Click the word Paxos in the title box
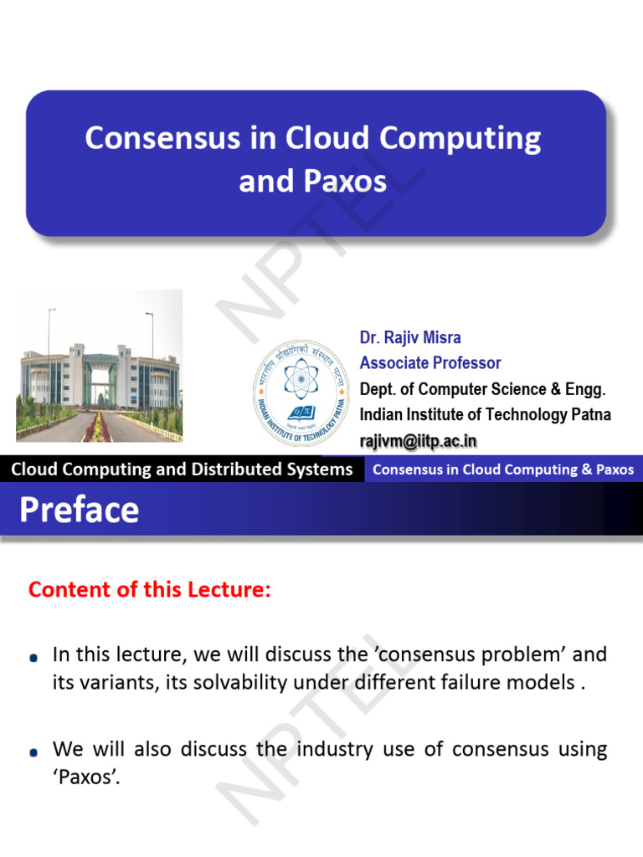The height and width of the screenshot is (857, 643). click(x=345, y=181)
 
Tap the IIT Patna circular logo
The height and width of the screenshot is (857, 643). click(x=301, y=392)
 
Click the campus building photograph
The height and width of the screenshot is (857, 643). click(x=100, y=366)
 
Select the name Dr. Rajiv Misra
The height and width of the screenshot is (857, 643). click(x=410, y=337)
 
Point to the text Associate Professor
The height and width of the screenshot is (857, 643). click(x=430, y=362)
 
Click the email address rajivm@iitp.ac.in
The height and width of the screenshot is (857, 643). click(x=419, y=441)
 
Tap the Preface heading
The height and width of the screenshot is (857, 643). click(x=80, y=510)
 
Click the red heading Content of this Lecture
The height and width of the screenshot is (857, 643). click(x=150, y=589)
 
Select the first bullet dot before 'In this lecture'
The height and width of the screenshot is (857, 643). click(x=33, y=658)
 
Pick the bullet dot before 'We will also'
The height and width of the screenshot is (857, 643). click(x=33, y=752)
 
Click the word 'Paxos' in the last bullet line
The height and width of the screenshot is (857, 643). click(x=86, y=777)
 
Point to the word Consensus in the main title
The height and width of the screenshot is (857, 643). click(x=162, y=137)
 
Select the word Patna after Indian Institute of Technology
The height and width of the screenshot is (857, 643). click(x=591, y=414)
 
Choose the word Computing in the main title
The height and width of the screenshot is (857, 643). click(x=460, y=138)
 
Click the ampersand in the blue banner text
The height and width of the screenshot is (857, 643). click(x=587, y=470)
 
